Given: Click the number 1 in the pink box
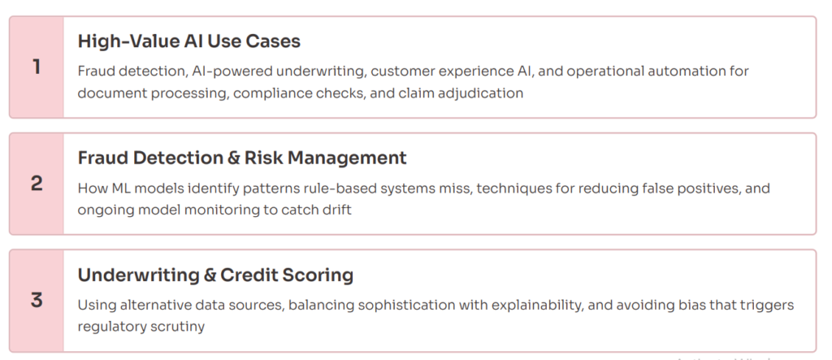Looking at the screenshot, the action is pos(36,67).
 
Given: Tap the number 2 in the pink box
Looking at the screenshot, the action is pos(37,184).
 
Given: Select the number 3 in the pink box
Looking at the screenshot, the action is pos(37,301).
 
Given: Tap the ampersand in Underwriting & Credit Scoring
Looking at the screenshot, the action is pos(210,275).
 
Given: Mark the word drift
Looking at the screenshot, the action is pos(337,210).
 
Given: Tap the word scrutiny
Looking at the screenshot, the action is pos(177,327).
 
